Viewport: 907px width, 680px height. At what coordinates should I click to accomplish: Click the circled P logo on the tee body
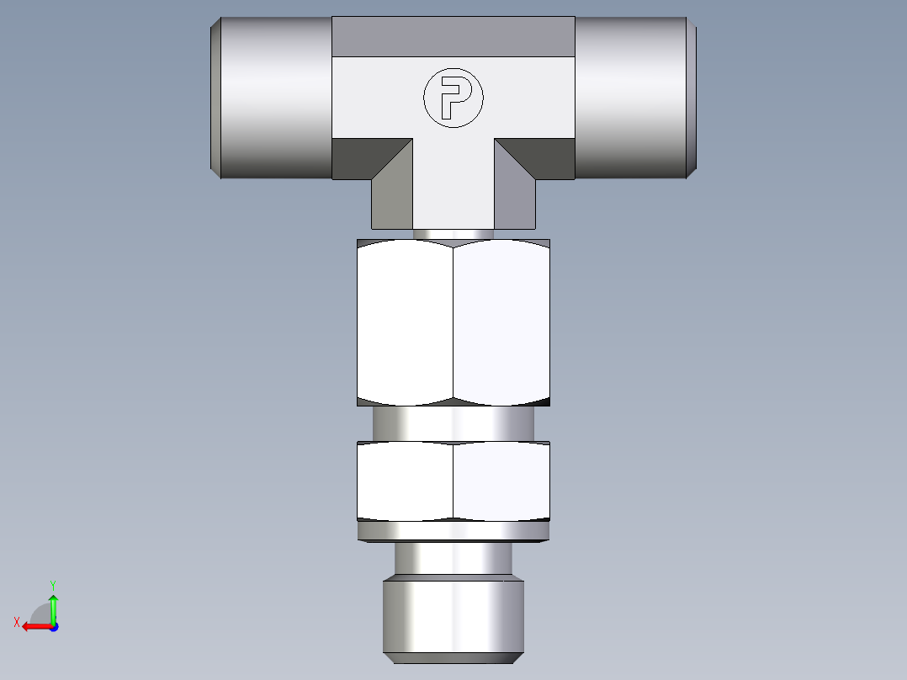(453, 98)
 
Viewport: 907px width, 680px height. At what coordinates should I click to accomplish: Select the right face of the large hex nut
(502, 320)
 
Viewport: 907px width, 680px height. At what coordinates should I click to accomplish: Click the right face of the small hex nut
(502, 481)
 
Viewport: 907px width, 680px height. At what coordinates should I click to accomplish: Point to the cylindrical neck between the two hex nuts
(453, 422)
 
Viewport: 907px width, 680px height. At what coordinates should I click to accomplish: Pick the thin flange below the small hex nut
(453, 531)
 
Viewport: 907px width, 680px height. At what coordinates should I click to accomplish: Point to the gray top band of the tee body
(453, 36)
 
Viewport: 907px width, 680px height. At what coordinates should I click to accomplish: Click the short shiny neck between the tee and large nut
(453, 234)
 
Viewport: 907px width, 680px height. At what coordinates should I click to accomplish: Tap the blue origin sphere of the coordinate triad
(53, 627)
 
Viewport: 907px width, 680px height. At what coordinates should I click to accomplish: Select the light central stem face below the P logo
(453, 185)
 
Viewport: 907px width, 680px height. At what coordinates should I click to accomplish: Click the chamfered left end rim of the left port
(215, 97)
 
